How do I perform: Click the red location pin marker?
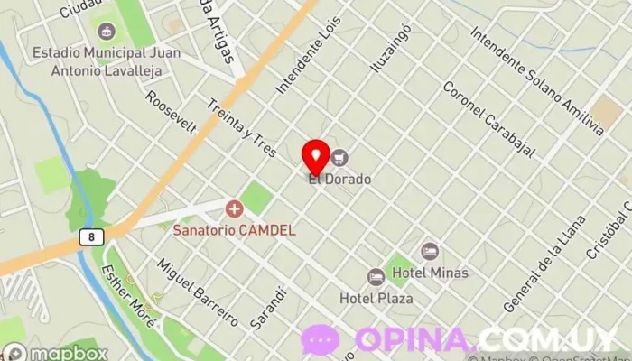(316, 156)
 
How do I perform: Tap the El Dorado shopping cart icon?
(339, 158)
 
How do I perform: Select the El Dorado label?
(339, 179)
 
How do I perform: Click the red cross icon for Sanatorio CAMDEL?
(235, 210)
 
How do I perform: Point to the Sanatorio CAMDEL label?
(234, 230)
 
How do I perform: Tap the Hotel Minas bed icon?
(431, 251)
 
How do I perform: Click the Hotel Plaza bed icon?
(376, 277)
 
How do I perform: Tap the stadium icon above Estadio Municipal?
(107, 32)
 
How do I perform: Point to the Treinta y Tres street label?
(241, 129)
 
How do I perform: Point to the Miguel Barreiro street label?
(196, 292)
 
